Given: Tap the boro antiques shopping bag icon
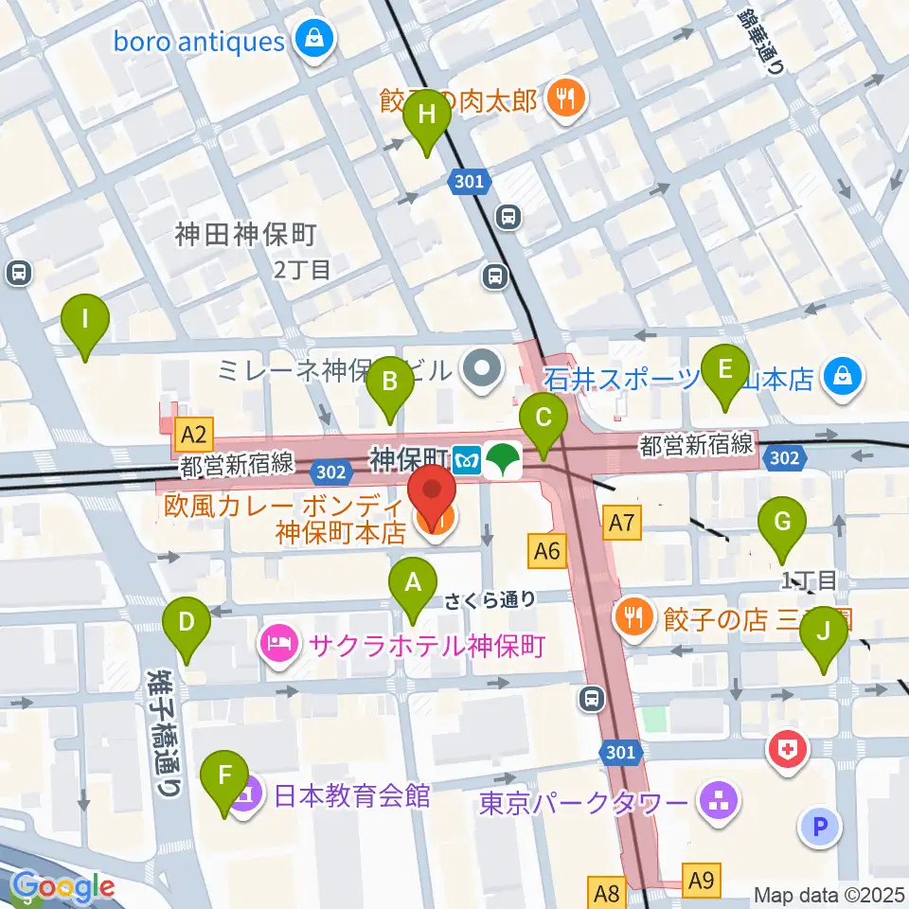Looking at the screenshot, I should [310, 41].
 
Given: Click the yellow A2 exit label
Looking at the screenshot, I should [193, 436].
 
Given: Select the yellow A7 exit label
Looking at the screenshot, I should [621, 520].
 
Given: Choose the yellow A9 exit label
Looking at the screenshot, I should [701, 881].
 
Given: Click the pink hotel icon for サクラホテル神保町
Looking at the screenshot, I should [278, 647].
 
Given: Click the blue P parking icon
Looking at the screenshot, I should [820, 827].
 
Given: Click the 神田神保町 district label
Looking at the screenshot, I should [244, 235].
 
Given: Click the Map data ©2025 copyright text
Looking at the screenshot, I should [829, 894].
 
